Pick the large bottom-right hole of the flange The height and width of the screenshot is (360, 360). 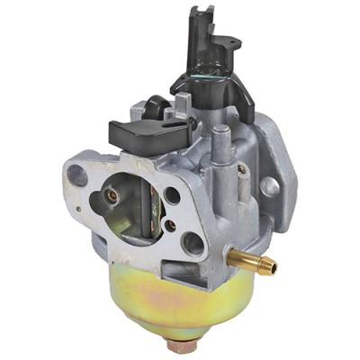[192, 242]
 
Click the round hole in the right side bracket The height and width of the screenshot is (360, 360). [268, 186]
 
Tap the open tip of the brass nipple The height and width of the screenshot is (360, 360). [273, 267]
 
